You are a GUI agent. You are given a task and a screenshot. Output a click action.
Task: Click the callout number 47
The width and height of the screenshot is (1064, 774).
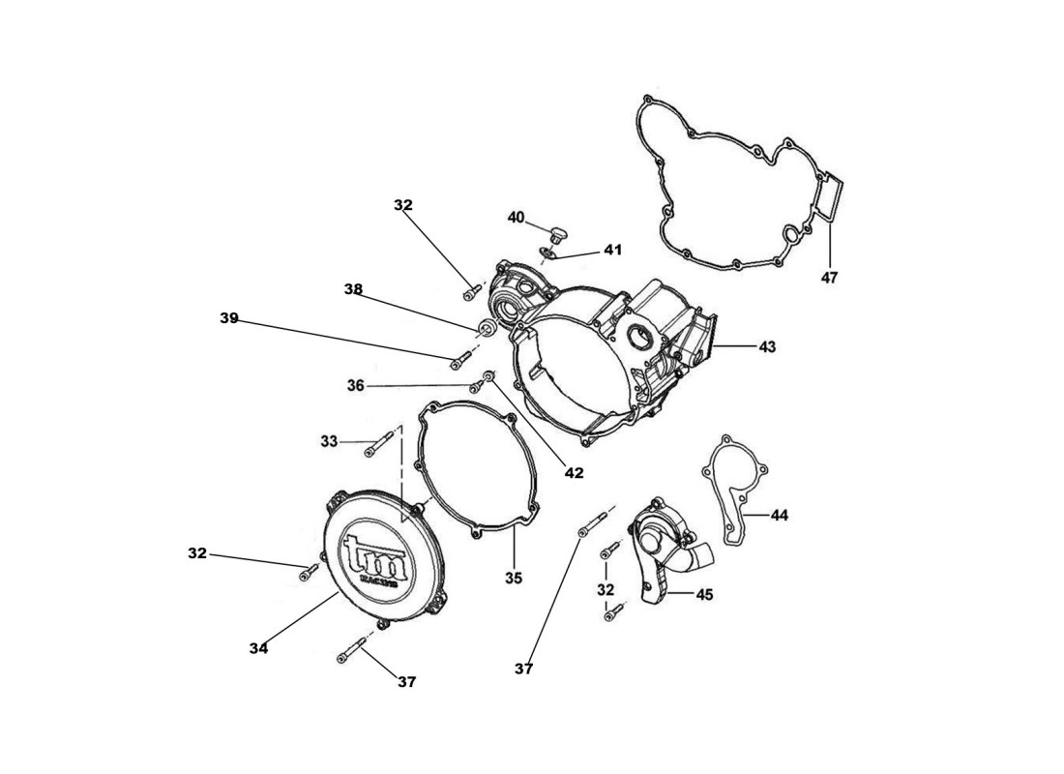(829, 278)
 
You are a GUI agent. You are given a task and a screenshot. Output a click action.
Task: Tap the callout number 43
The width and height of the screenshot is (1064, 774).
(767, 345)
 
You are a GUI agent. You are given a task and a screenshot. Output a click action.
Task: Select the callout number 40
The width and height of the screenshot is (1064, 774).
(516, 218)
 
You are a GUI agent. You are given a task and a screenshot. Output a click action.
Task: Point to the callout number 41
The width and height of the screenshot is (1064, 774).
(612, 250)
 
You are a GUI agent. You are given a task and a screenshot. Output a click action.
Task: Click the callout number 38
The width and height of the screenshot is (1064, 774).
(353, 288)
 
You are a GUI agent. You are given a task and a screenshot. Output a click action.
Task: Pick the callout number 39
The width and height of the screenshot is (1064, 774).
(228, 317)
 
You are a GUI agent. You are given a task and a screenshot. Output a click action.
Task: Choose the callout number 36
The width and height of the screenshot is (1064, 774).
(355, 385)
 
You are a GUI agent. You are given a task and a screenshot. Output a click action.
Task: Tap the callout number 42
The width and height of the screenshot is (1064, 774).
(574, 473)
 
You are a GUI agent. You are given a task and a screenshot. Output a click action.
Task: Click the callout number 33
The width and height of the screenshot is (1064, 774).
(329, 441)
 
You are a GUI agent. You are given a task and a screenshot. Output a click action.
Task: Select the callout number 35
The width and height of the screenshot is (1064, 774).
(513, 578)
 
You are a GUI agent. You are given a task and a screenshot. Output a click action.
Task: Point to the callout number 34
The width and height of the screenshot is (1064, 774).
(257, 648)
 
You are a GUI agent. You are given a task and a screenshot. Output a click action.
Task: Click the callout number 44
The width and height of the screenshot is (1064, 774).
(780, 516)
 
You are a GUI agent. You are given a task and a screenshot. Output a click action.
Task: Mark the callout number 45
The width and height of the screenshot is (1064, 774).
(704, 595)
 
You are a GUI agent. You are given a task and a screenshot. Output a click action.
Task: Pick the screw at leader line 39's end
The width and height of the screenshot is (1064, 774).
(460, 361)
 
